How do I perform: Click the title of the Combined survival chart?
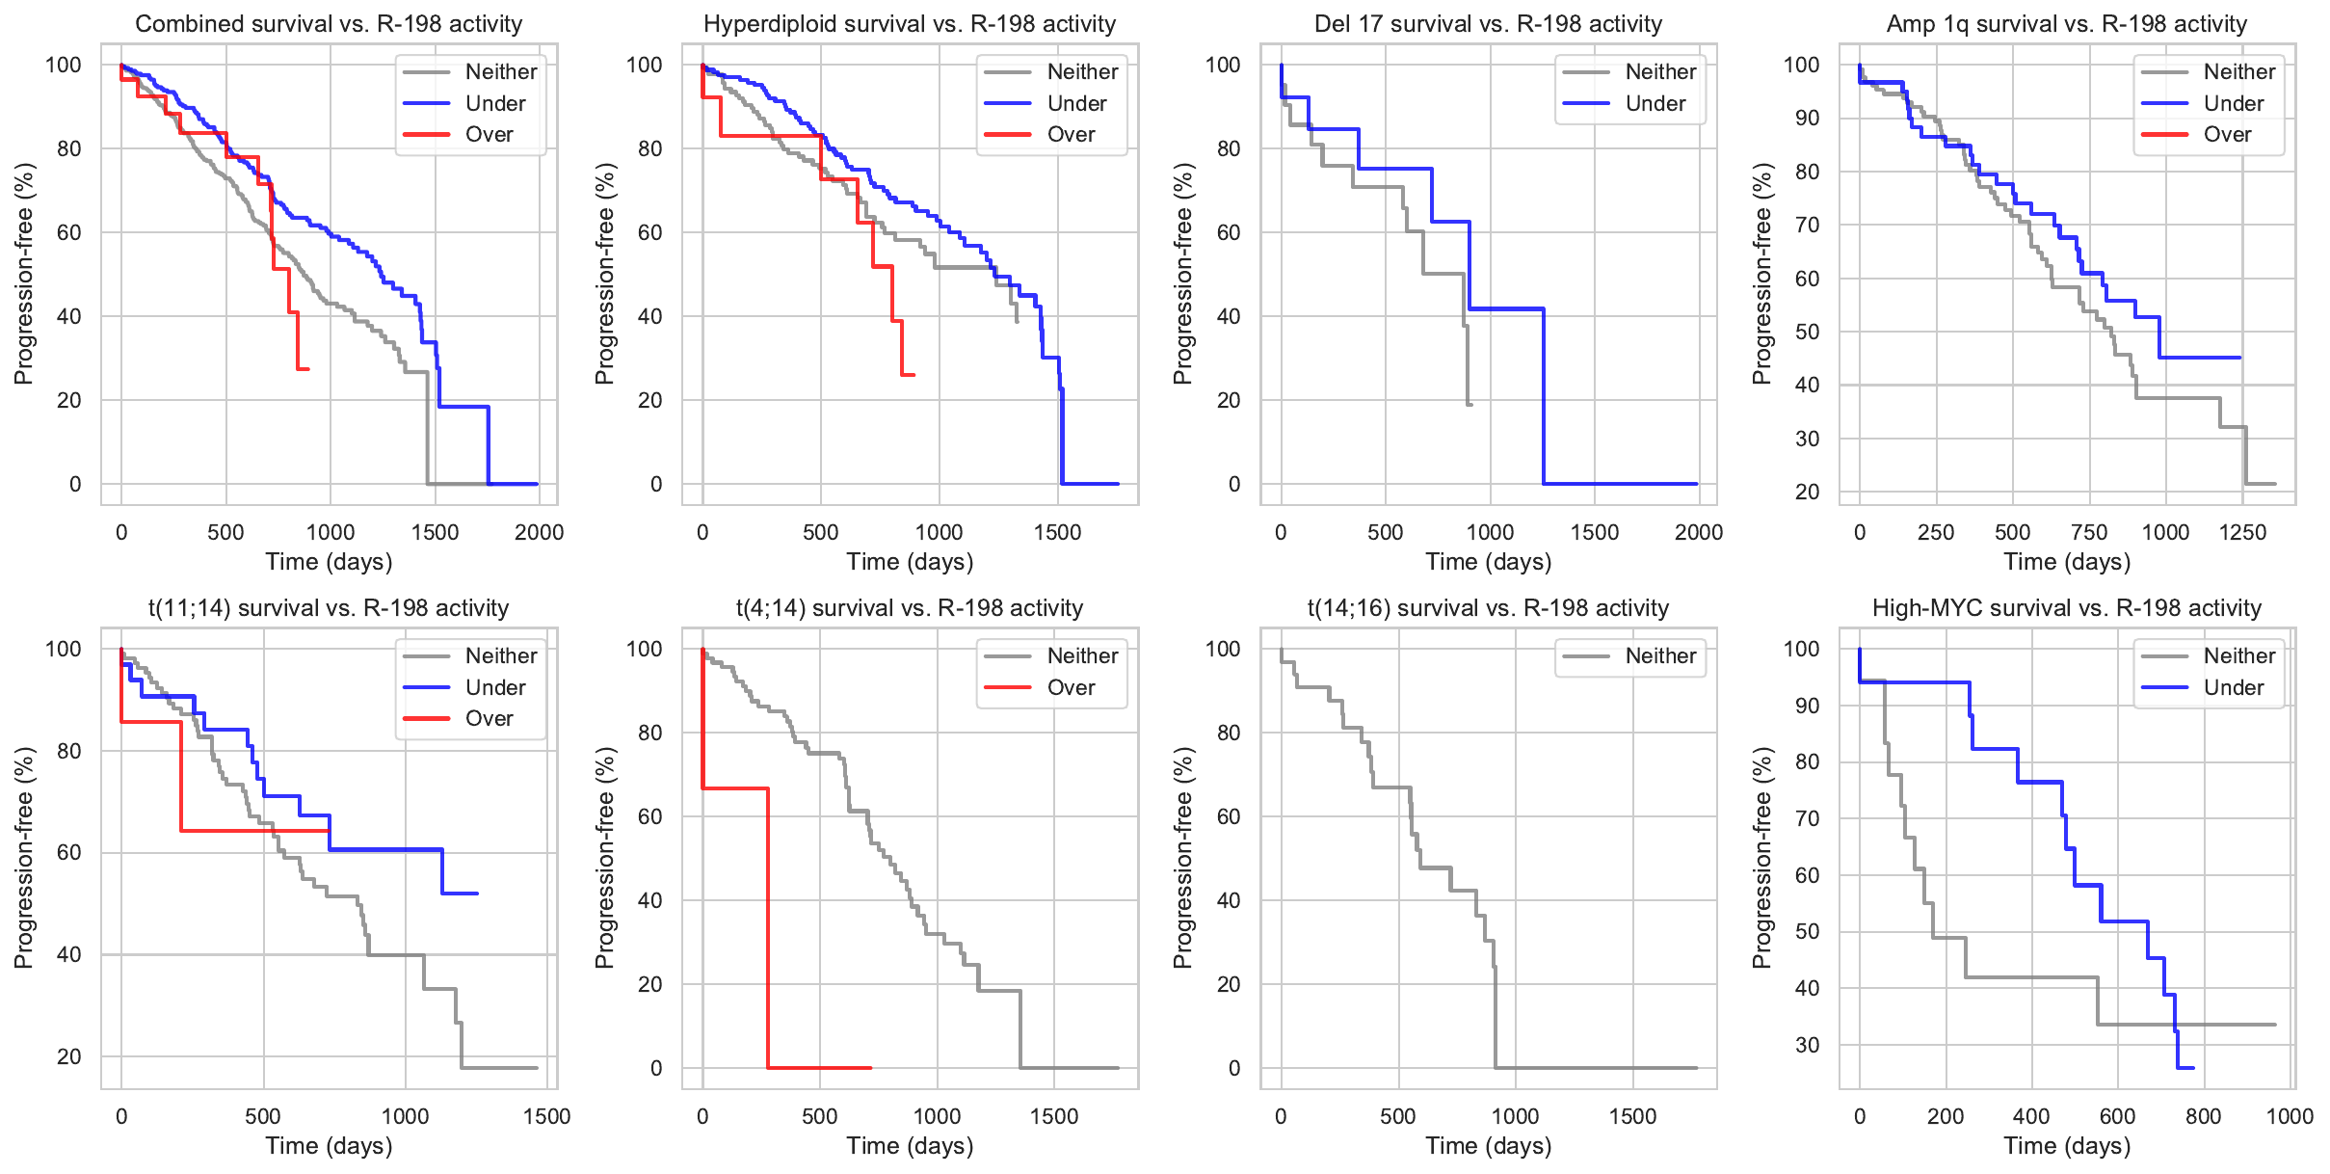(329, 24)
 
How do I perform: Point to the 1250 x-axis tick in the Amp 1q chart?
(2242, 533)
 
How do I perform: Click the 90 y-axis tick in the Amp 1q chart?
(1801, 119)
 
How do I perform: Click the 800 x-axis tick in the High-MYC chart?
(2204, 1117)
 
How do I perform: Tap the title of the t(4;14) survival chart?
(910, 608)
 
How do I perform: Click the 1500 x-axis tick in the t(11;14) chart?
(546, 1117)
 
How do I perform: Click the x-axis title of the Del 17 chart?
(1488, 562)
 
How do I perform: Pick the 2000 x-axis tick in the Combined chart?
(539, 533)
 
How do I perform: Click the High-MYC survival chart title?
(2066, 608)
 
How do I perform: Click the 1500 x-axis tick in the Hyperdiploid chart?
(1057, 533)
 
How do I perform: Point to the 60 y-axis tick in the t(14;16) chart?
(1228, 817)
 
